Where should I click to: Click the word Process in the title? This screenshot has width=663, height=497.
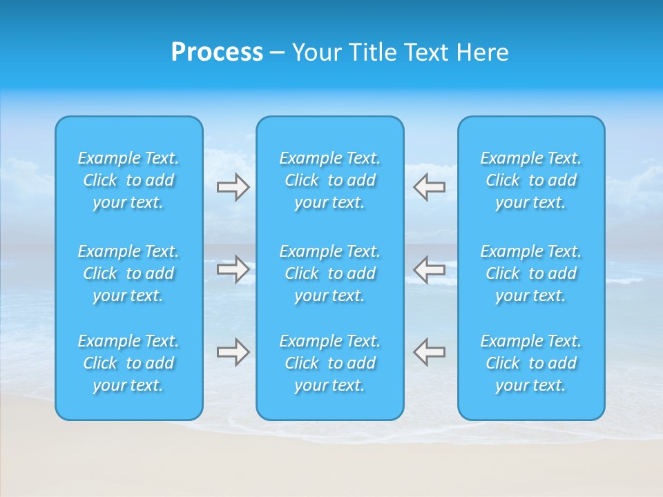(x=217, y=52)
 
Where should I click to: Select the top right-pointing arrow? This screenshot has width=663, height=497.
(x=233, y=187)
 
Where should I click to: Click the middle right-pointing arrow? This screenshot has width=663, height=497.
(x=233, y=269)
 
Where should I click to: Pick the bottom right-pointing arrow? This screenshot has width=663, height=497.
(x=233, y=352)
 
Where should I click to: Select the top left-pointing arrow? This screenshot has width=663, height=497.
(x=429, y=187)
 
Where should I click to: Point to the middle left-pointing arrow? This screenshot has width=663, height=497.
(x=429, y=269)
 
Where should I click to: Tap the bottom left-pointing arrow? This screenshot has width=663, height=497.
(x=429, y=352)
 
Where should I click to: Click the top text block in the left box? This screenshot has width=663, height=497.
(x=128, y=180)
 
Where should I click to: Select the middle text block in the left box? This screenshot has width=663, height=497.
(x=128, y=273)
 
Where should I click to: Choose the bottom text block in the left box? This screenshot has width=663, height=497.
(x=128, y=363)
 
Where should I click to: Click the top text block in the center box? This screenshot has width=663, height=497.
(x=330, y=180)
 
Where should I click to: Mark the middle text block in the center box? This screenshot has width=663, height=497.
(x=330, y=273)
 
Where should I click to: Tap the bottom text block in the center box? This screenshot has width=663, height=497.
(x=330, y=363)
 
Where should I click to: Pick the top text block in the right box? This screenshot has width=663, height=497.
(x=531, y=180)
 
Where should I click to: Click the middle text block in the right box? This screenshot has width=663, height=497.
(x=531, y=273)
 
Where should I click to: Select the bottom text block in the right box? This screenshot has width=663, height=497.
(x=531, y=363)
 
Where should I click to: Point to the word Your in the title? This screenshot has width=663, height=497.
(x=316, y=52)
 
